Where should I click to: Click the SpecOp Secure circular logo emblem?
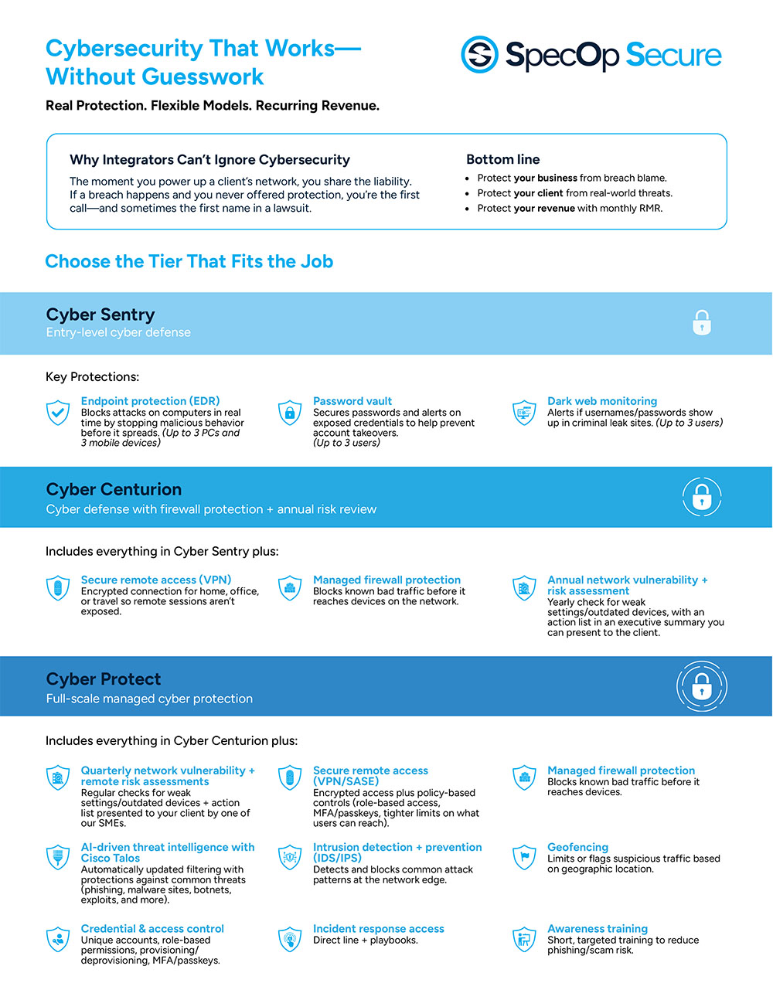coord(479,55)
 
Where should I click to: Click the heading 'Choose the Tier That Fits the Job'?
coord(189,261)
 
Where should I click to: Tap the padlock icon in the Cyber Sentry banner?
coord(702,322)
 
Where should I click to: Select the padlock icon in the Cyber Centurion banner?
coord(702,496)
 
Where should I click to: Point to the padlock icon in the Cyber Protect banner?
coord(702,685)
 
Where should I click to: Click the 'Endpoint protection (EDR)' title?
coord(150,401)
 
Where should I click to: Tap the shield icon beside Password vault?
coord(290,413)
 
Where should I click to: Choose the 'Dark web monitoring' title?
coord(602,401)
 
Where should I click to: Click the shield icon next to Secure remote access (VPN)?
coord(58,588)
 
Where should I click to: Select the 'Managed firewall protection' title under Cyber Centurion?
coord(386,580)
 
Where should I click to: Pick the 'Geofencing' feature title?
coord(577,847)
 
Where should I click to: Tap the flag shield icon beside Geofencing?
coord(524,857)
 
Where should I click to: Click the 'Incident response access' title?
coord(379,929)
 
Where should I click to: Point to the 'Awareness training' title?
coord(598,929)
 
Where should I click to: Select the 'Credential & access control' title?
coord(152,929)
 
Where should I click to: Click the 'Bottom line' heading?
coord(503,159)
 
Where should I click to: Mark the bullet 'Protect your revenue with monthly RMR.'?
coord(570,208)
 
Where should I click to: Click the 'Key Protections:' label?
coord(92,376)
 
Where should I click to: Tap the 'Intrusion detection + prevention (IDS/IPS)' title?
coord(397,852)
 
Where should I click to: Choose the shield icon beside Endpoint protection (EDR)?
coord(58,413)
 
